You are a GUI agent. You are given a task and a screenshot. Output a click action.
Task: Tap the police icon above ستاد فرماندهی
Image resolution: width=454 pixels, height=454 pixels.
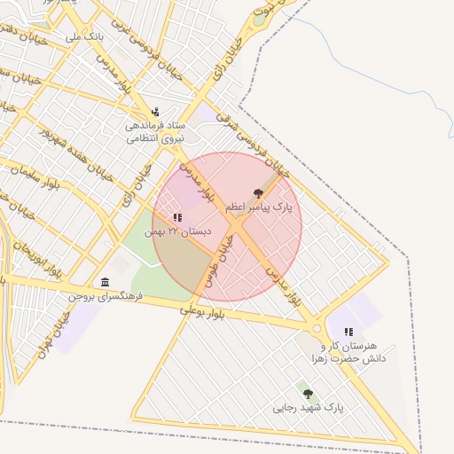tap(155, 112)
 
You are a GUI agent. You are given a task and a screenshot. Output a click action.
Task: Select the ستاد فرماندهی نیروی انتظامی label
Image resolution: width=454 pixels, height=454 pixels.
tap(155, 132)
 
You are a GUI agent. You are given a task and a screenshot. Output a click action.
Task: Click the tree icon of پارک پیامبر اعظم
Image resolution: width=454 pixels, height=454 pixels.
tap(258, 192)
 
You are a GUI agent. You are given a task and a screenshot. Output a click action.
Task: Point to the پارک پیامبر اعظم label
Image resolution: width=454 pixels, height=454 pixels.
tap(258, 207)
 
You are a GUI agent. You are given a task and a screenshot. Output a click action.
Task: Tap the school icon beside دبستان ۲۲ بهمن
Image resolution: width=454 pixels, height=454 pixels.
tap(177, 216)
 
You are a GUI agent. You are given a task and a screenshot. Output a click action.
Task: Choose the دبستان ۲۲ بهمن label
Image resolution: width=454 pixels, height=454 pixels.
tap(184, 231)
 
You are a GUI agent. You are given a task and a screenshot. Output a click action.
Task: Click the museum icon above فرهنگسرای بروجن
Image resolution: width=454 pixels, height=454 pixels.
tap(106, 282)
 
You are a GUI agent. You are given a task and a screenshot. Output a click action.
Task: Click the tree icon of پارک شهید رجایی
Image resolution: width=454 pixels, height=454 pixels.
tap(308, 393)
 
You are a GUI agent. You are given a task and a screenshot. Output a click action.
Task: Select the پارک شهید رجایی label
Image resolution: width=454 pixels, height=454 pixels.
tap(308, 408)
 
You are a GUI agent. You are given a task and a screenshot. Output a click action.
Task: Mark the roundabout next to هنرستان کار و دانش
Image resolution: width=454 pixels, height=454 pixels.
tap(317, 327)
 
